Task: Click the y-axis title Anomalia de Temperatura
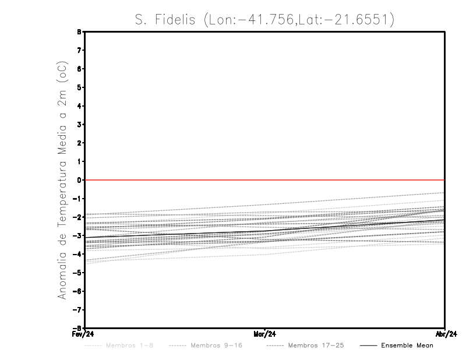[x=62, y=187]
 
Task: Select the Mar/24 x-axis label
[x=264, y=334]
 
